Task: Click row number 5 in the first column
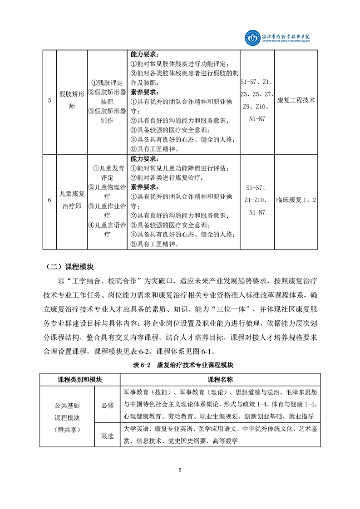(x=49, y=100)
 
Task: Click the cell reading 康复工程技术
(x=296, y=100)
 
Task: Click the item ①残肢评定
(x=107, y=83)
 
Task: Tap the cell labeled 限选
(x=107, y=436)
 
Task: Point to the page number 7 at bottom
(x=180, y=470)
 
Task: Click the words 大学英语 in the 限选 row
(x=136, y=428)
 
